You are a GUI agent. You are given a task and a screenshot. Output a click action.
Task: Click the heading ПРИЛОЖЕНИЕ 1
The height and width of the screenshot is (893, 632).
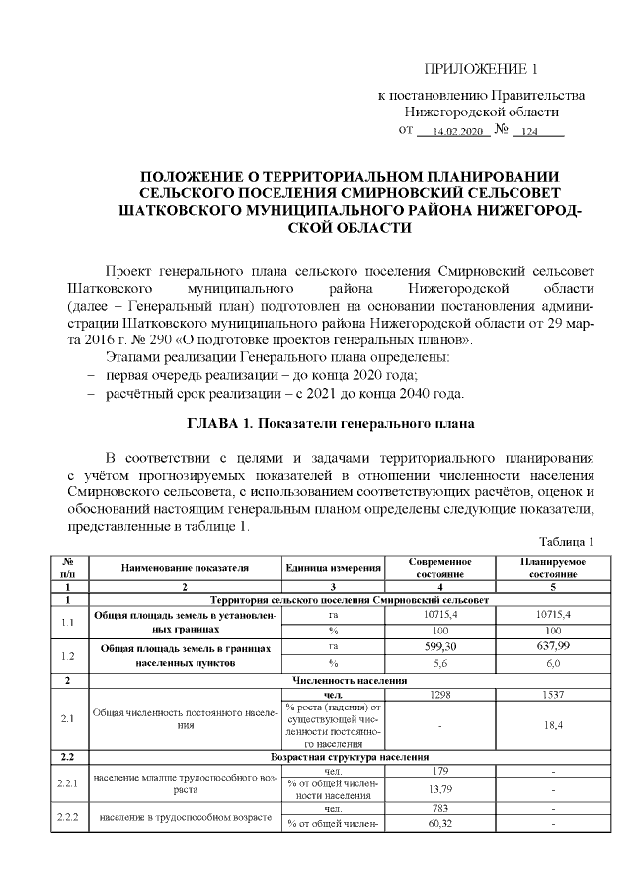tap(482, 69)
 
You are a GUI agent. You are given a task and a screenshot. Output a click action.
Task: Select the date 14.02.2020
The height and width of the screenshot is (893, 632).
tap(450, 131)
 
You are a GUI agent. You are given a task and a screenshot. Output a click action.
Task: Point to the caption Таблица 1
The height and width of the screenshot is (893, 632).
tap(567, 543)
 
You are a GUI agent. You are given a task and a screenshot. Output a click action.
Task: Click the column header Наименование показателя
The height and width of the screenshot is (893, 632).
tap(185, 567)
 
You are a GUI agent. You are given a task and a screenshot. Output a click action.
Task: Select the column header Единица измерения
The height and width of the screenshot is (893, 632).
tap(333, 567)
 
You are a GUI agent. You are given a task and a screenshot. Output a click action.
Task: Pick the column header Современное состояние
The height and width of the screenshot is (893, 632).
tap(439, 567)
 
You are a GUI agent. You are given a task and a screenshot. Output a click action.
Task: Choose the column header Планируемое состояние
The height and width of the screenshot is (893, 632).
tap(553, 567)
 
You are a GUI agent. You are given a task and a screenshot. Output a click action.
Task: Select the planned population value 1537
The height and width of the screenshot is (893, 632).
tap(553, 695)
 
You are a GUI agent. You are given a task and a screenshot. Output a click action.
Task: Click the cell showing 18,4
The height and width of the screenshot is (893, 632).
tap(553, 724)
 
